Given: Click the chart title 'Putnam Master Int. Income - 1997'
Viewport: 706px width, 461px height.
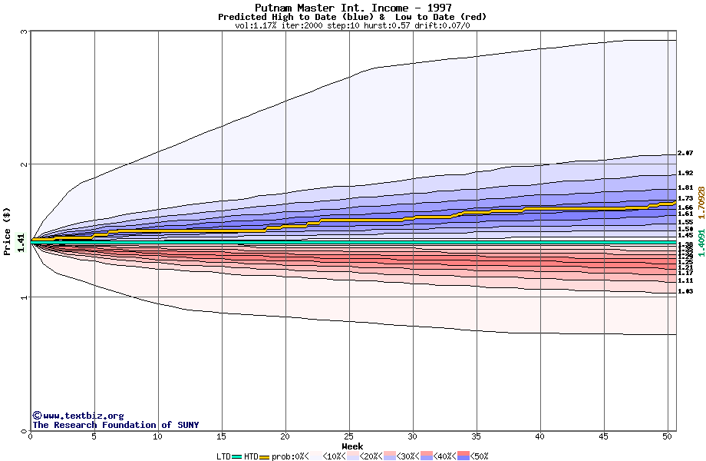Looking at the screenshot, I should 353,8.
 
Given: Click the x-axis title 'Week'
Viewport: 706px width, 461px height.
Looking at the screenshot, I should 352,446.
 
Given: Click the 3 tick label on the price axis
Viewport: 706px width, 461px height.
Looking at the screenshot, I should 25,32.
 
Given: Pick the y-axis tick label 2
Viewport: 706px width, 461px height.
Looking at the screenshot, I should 25,164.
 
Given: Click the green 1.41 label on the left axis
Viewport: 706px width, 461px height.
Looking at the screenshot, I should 22,243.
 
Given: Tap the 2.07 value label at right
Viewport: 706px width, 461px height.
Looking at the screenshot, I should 685,153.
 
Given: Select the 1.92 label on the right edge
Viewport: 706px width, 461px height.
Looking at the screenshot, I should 685,174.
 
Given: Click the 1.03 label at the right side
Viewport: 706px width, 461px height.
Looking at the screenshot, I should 685,291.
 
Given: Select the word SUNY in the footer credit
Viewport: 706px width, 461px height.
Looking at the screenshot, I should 186,425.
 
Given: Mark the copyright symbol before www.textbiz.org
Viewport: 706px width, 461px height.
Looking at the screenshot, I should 37,416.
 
